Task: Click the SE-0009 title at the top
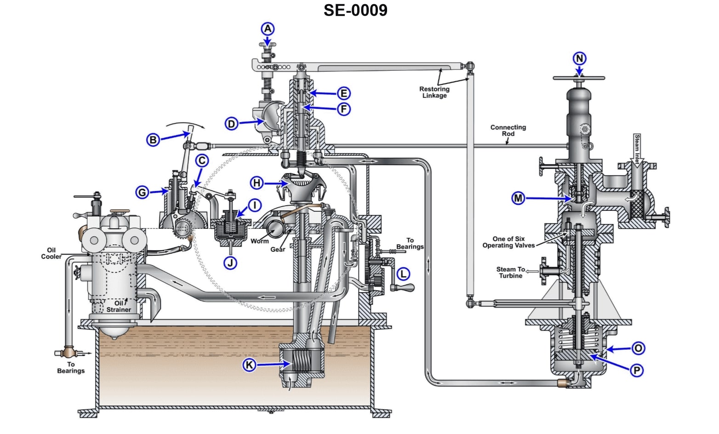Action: tap(355, 10)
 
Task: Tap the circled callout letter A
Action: tap(268, 29)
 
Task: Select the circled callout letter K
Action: tap(249, 365)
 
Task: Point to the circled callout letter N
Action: tap(580, 59)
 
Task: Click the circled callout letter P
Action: tap(637, 370)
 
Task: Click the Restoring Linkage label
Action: tap(434, 92)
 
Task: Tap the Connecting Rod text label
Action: tap(508, 130)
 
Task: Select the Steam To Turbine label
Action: tap(510, 272)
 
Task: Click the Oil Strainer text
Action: tap(119, 306)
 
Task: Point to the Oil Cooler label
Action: tap(51, 254)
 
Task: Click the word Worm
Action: tap(260, 241)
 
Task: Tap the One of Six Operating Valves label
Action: tap(508, 242)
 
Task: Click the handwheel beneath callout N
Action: tap(579, 79)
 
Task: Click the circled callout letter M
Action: tap(519, 198)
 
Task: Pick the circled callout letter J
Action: tap(230, 263)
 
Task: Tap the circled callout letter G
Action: tap(143, 192)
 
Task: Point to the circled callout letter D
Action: tap(231, 124)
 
